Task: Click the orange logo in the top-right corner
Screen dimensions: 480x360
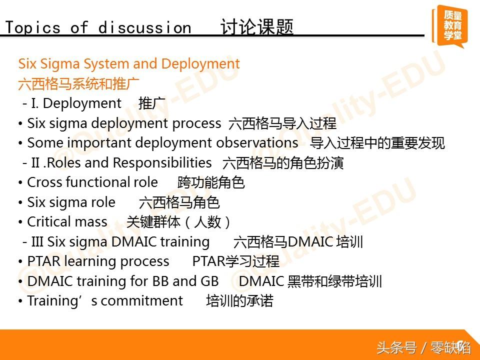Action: click(x=450, y=26)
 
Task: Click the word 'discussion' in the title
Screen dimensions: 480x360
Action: click(x=145, y=27)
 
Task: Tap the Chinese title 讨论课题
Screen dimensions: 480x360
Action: click(x=257, y=27)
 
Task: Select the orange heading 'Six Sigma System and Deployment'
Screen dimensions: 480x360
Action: click(x=129, y=63)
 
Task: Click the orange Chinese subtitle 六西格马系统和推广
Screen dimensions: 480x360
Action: click(x=78, y=83)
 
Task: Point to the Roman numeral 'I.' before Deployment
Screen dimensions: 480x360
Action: click(x=35, y=103)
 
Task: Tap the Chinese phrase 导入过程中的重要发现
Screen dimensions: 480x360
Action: click(x=377, y=143)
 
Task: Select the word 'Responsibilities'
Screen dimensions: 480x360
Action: click(x=162, y=162)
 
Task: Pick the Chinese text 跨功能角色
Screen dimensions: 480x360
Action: click(x=211, y=182)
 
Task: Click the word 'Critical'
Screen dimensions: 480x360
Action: click(x=47, y=221)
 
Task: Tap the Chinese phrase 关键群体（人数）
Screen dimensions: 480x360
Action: click(x=178, y=222)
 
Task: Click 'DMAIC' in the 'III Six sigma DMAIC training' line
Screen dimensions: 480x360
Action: click(x=134, y=241)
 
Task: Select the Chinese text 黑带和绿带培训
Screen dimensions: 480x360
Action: click(x=334, y=281)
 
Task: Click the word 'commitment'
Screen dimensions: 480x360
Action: click(x=141, y=301)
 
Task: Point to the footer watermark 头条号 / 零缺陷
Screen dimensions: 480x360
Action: click(x=423, y=348)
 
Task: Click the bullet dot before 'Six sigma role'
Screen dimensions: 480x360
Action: click(x=20, y=202)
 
